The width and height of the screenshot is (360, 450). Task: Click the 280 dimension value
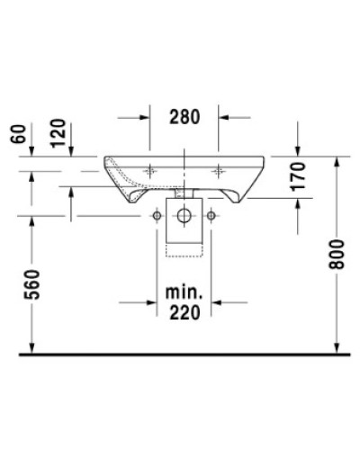point(184,116)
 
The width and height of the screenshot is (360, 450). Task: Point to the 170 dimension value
point(300,178)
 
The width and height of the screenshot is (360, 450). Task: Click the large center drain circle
point(184,216)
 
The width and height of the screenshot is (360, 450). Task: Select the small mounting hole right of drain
point(212,216)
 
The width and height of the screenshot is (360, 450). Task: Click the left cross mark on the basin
point(148,168)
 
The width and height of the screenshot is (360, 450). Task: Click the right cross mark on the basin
point(219,168)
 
